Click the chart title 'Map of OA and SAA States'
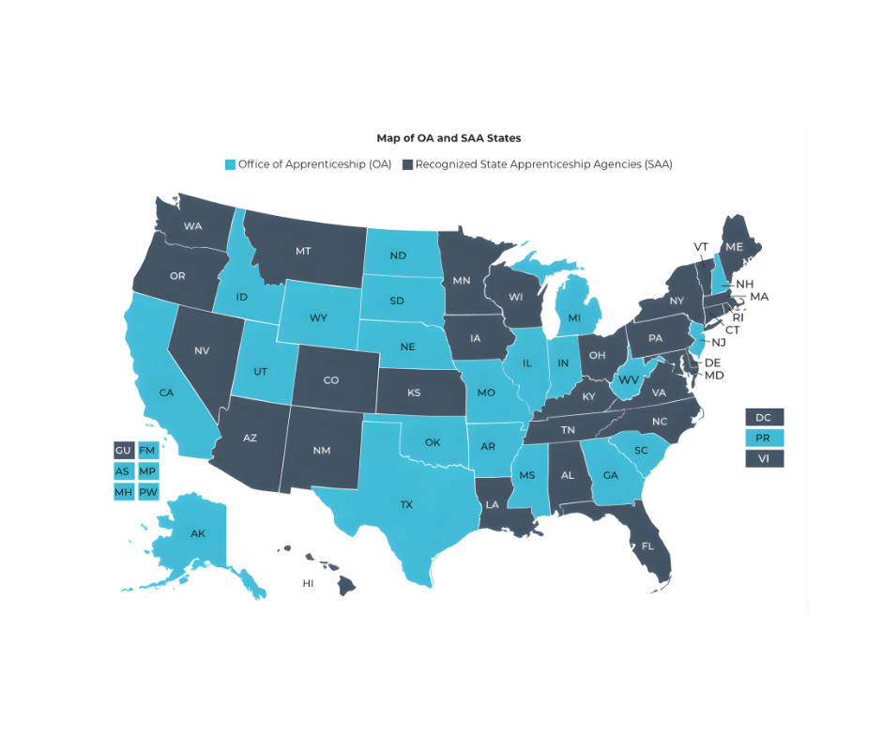click(x=449, y=138)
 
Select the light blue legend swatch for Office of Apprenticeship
click(x=230, y=164)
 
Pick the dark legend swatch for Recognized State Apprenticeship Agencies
click(x=407, y=164)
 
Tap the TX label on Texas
click(x=406, y=505)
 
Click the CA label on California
click(x=166, y=393)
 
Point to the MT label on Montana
click(x=303, y=252)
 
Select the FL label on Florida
click(x=647, y=546)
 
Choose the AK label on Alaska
click(x=198, y=533)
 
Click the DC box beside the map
click(x=763, y=417)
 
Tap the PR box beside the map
click(x=763, y=438)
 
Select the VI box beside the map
click(x=763, y=458)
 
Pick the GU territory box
click(x=123, y=450)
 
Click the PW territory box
click(x=147, y=491)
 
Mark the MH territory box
click(x=123, y=491)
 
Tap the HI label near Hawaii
click(x=308, y=583)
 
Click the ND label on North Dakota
click(x=398, y=255)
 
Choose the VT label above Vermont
click(x=701, y=246)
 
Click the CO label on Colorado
click(x=330, y=380)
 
